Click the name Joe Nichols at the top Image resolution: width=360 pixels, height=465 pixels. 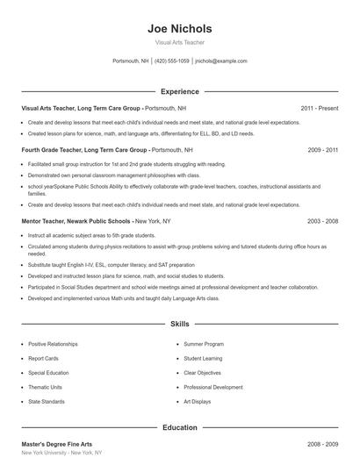click(x=180, y=28)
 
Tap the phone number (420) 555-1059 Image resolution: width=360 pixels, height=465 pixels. click(x=172, y=61)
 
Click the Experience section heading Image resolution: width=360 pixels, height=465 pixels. click(x=180, y=91)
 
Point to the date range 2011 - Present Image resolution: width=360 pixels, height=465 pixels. click(x=319, y=108)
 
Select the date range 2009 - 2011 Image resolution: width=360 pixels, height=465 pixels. click(x=322, y=150)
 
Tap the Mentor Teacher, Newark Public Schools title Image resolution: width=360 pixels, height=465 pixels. click(x=76, y=221)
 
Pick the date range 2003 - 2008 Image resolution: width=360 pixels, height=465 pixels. click(x=322, y=221)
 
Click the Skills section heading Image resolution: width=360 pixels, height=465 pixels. click(x=180, y=324)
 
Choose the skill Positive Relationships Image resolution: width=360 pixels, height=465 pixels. click(x=54, y=344)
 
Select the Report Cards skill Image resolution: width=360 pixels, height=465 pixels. click(x=43, y=358)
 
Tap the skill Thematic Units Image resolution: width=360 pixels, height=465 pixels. click(x=46, y=386)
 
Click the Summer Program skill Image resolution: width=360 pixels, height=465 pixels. click(x=204, y=344)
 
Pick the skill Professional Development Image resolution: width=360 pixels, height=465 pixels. click(x=213, y=386)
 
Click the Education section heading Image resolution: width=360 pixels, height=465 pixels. click(x=180, y=427)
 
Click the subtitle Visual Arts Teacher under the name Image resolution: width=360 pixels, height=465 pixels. click(x=180, y=42)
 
